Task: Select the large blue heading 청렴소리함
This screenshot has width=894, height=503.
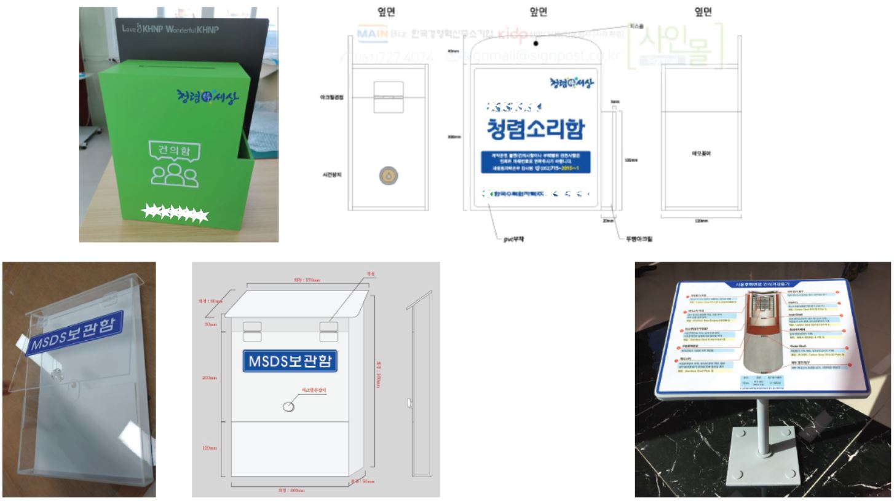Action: point(535,130)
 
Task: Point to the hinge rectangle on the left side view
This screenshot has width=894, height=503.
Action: point(388,96)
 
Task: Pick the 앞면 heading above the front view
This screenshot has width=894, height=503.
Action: point(539,12)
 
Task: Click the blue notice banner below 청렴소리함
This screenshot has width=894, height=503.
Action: point(535,161)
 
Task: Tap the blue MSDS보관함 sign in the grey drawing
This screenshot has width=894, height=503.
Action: point(290,361)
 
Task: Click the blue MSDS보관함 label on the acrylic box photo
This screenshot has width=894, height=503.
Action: point(75,333)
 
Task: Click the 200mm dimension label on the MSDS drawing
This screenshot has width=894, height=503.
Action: point(209,378)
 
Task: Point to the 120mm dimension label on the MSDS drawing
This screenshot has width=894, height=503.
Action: point(209,448)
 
